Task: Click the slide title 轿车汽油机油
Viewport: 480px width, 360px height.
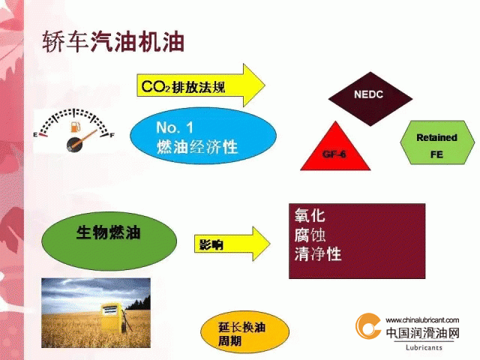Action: pos(113,41)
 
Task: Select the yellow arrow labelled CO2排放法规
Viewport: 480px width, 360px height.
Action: pos(200,85)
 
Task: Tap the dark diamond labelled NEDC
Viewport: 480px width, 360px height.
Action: pos(370,99)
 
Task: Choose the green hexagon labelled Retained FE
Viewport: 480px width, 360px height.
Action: pos(436,142)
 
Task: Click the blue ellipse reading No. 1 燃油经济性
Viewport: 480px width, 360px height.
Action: pos(203,135)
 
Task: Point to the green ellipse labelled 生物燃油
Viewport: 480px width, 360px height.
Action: pos(109,241)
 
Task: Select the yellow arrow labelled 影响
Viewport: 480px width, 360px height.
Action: pos(232,244)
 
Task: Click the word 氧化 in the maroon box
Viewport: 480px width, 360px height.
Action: pos(310,215)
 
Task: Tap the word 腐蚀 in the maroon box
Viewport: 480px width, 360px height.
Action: pos(310,235)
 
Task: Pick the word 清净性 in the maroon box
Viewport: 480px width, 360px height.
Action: pos(318,254)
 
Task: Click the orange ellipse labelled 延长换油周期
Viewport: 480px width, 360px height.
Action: pos(244,332)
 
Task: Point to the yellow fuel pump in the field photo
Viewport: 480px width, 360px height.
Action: pos(111,317)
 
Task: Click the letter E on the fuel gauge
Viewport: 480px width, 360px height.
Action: pos(35,135)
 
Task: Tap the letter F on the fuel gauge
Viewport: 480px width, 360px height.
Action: pos(112,135)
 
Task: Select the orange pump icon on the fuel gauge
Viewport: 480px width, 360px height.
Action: pos(75,127)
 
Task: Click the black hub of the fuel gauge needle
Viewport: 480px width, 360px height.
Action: pos(75,145)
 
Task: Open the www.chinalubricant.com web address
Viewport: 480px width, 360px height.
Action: pos(422,320)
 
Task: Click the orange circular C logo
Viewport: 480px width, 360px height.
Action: pos(368,325)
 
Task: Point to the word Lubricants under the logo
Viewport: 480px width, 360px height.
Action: pos(424,347)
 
